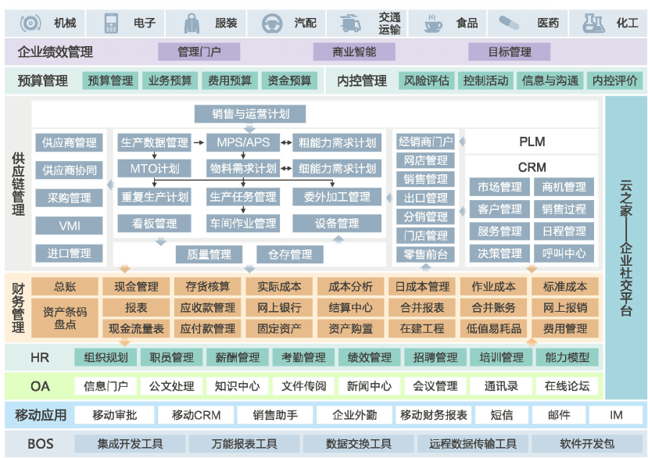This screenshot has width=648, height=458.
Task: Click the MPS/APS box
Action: (x=242, y=143)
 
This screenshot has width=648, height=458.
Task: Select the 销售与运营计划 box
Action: (x=250, y=114)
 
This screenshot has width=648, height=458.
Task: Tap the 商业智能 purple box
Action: (x=354, y=52)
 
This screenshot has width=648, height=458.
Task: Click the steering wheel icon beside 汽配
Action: (x=272, y=23)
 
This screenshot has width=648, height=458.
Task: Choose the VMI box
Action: (x=70, y=226)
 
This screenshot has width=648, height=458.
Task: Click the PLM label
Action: (x=532, y=142)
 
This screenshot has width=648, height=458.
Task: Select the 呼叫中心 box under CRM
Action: (x=564, y=253)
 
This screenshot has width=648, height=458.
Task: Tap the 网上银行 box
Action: (x=278, y=308)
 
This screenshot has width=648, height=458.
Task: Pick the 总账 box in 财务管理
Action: (x=65, y=287)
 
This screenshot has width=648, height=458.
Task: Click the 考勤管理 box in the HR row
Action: (x=303, y=357)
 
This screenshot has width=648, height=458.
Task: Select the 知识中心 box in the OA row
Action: (x=238, y=386)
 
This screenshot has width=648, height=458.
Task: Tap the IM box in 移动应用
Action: (x=615, y=415)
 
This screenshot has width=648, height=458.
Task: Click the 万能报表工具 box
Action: (x=244, y=444)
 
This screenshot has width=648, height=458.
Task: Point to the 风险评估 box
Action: (x=426, y=81)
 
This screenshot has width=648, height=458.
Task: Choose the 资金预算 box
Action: (x=289, y=81)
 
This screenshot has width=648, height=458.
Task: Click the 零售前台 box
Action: (x=425, y=254)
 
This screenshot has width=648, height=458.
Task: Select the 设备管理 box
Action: (x=337, y=224)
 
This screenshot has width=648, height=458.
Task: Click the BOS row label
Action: (x=41, y=444)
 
